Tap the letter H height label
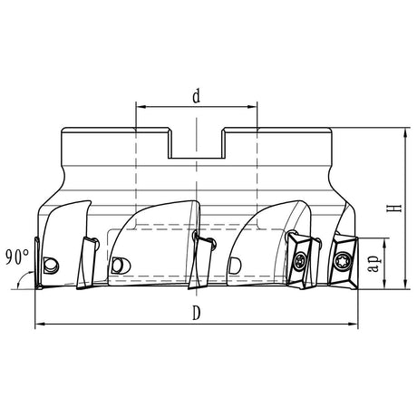(x=393, y=208)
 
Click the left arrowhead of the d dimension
(x=139, y=107)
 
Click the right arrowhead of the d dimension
(x=255, y=107)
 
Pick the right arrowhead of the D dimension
(x=354, y=324)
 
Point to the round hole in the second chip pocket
(x=116, y=265)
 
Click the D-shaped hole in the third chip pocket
(x=235, y=265)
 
